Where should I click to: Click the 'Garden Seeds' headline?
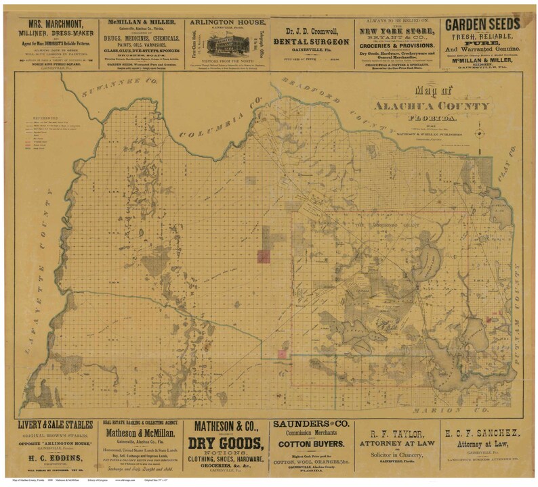tap(482, 24)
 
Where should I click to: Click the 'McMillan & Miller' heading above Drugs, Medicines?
tap(141, 22)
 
